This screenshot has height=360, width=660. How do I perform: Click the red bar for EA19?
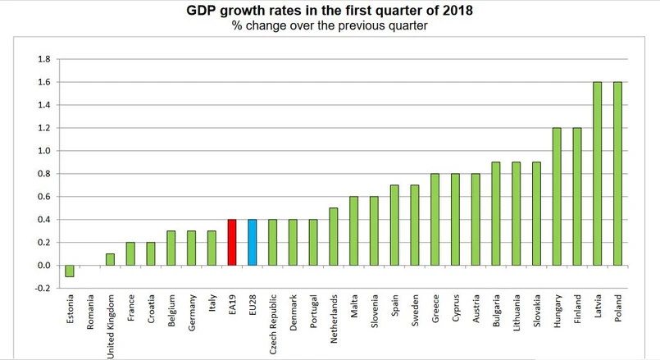(232, 242)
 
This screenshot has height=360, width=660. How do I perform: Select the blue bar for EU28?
(253, 242)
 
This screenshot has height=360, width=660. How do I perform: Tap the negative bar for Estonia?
(70, 271)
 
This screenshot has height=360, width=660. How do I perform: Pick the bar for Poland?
(617, 173)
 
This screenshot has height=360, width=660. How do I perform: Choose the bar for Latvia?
(597, 173)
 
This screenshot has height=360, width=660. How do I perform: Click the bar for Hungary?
(557, 196)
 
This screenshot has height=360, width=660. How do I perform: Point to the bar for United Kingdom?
(111, 259)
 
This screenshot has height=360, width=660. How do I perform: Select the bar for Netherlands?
(334, 236)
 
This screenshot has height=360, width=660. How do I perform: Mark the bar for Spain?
(394, 225)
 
